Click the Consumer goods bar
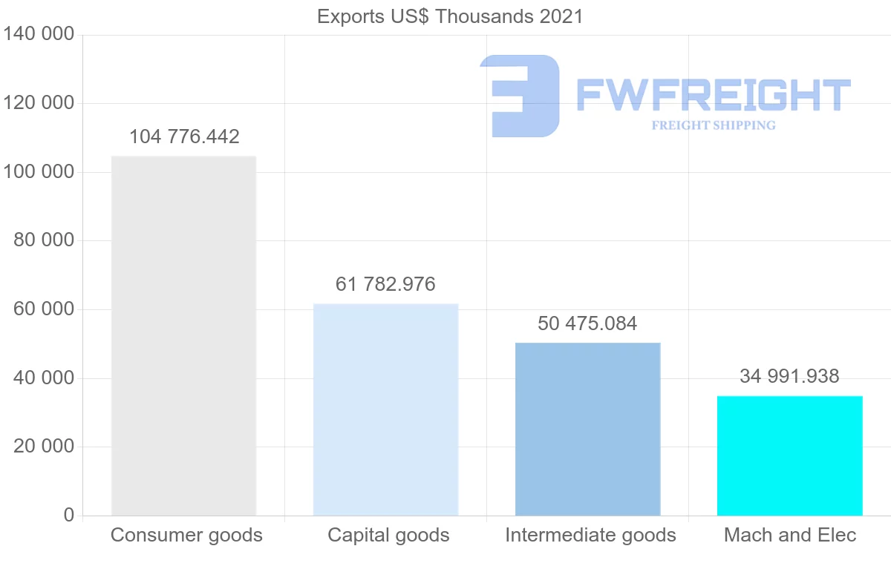pos(183,335)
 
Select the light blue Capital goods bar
pos(385,409)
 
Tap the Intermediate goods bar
pos(587,429)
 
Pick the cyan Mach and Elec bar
pos(789,455)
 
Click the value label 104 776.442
pos(184,137)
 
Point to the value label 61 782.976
pos(385,284)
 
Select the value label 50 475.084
pos(587,324)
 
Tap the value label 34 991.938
pos(789,377)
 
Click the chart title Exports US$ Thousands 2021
pos(450,16)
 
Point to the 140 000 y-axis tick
pos(39,34)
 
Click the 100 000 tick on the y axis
pos(39,172)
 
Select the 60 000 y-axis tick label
pos(45,309)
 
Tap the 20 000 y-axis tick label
pos(45,447)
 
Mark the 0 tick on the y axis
pos(69,515)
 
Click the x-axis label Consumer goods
pos(186,535)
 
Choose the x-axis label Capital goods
pos(388,535)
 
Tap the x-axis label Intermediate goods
pos(590,535)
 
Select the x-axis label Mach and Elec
pos(790,535)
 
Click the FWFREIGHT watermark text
pos(713,96)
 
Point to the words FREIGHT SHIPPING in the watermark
pos(714,125)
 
